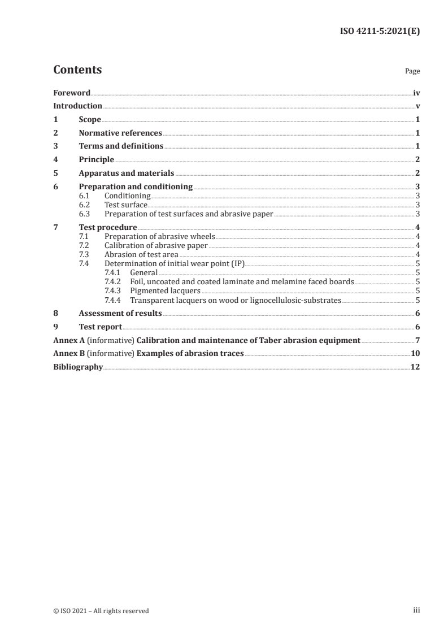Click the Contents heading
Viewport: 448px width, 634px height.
coord(77,70)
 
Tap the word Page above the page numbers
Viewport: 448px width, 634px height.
coord(412,72)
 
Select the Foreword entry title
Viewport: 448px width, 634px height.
coord(72,93)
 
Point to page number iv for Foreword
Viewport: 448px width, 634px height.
coord(416,93)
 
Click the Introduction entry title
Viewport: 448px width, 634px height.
coord(77,106)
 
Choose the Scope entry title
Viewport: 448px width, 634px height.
coord(90,120)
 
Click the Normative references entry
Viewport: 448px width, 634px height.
coord(120,133)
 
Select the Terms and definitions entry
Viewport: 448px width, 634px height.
coord(121,146)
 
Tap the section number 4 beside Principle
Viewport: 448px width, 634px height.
coord(55,160)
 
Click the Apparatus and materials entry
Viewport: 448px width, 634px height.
coord(127,173)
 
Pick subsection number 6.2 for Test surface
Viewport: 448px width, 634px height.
coord(84,205)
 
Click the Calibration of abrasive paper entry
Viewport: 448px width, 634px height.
coord(156,246)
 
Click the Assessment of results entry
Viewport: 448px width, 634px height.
coord(120,314)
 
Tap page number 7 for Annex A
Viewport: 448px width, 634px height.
coord(417,340)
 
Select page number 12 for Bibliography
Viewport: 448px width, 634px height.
coord(415,367)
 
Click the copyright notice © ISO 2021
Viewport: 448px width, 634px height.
coord(101,610)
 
